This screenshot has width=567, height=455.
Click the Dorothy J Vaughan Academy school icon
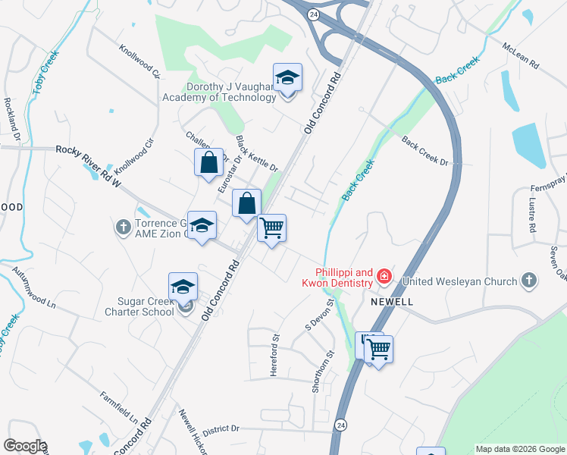pos(287,78)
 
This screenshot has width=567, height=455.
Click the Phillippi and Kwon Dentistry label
pos(344,278)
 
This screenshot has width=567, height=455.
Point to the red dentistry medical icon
pos(385,278)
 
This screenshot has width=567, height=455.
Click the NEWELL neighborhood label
pos(392,301)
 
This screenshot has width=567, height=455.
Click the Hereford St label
pos(276,348)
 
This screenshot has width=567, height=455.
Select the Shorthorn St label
pos(321,371)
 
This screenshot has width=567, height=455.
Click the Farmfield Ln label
pos(119,408)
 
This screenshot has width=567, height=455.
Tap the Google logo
pos(24,446)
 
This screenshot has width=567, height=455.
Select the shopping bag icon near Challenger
pos(208,162)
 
